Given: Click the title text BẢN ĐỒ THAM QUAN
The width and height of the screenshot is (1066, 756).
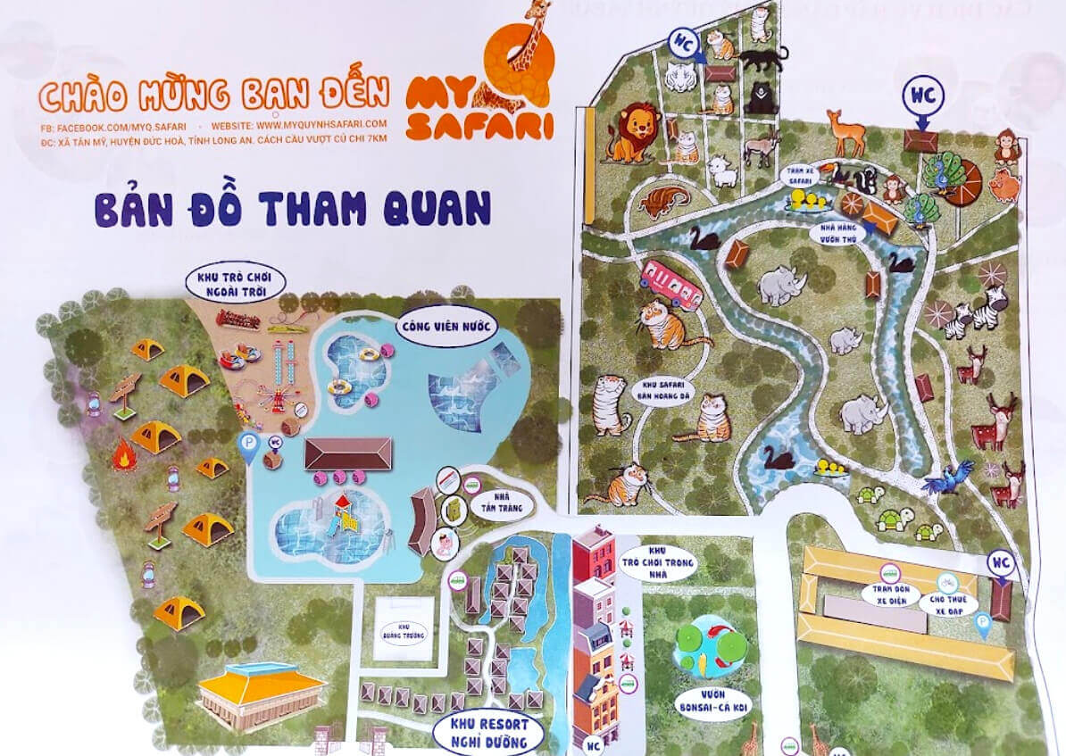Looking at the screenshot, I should (x=293, y=208).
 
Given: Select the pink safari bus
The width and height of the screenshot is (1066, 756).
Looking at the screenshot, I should (x=671, y=284).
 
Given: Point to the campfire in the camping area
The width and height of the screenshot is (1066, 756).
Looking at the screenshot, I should (x=123, y=456).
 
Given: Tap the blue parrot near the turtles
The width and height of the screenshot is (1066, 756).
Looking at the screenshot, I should (x=947, y=478).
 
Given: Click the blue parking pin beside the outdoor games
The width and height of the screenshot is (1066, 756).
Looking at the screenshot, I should (x=248, y=447).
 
